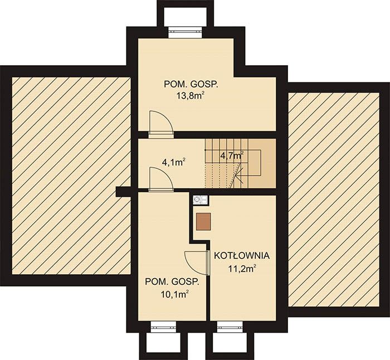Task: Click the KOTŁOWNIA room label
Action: click(x=242, y=255)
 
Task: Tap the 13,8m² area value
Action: click(x=189, y=96)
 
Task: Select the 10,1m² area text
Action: click(x=174, y=294)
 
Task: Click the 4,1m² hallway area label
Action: click(x=173, y=162)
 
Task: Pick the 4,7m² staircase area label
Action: click(x=232, y=155)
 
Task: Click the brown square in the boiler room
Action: click(x=203, y=221)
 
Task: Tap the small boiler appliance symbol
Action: click(x=201, y=200)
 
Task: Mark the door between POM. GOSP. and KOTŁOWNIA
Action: click(x=197, y=263)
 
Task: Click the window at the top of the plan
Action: click(x=186, y=32)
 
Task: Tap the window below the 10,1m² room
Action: click(x=163, y=327)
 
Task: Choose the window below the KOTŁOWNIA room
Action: click(x=230, y=327)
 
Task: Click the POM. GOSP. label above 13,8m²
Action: click(x=191, y=84)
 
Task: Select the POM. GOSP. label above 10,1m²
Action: click(x=172, y=282)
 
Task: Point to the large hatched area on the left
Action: click(x=71, y=176)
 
